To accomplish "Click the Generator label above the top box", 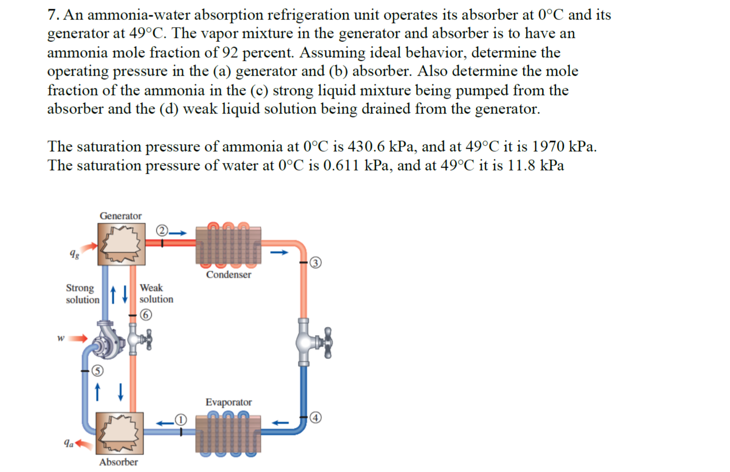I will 120,216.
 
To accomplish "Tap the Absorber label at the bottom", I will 118,462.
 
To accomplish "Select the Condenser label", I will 228,274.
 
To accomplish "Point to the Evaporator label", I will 228,402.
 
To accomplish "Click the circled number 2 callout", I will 162,230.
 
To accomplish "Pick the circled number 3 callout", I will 316,263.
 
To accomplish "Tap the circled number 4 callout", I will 316,418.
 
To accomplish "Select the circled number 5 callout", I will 97,371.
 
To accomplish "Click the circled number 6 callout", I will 146,315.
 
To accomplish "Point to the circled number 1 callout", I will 181,420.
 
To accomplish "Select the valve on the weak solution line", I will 139,339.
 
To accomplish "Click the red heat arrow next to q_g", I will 90,248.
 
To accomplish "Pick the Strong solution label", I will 82,294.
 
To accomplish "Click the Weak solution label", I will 156,293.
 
